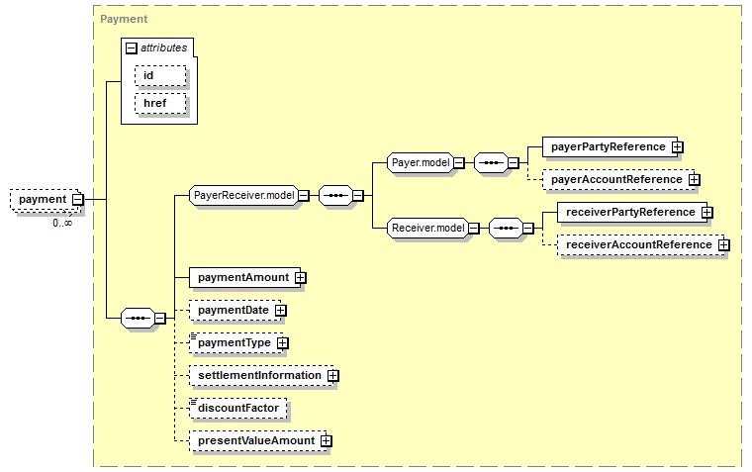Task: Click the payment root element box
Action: point(46,200)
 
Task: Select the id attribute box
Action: point(160,76)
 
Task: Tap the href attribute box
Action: point(160,104)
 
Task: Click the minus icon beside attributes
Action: point(131,47)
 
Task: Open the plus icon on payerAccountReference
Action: point(694,180)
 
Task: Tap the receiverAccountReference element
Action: point(641,244)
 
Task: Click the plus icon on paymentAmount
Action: point(300,278)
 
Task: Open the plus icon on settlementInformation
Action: point(332,376)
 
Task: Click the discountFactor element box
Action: point(237,409)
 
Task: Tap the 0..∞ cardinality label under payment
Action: point(62,223)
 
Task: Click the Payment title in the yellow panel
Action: point(124,19)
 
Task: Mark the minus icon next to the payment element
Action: point(78,200)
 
